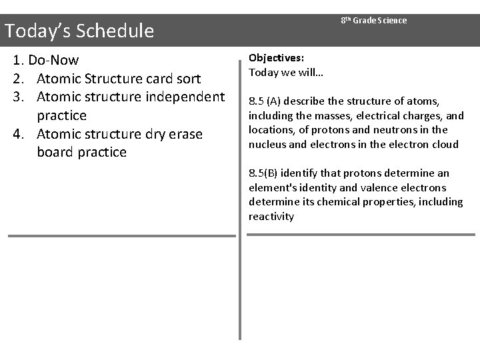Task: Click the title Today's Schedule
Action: tap(79, 31)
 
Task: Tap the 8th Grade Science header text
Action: tap(373, 21)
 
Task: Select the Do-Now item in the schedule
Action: tap(53, 61)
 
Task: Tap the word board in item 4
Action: tap(56, 152)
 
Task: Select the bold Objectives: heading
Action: tap(277, 58)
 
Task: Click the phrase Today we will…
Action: tap(286, 72)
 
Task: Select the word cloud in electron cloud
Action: tap(445, 145)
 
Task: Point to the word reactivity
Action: tap(271, 217)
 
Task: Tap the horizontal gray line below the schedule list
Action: tap(121, 235)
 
